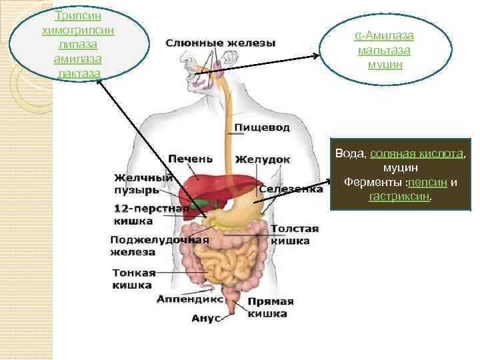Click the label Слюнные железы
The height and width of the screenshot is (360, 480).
(219, 43)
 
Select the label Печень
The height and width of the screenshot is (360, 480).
(190, 159)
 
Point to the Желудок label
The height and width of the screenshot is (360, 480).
(263, 160)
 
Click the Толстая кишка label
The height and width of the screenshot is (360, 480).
(294, 235)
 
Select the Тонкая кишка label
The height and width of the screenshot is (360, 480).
(133, 279)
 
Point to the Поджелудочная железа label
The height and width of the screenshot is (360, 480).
(159, 245)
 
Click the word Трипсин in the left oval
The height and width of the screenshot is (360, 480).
(75, 15)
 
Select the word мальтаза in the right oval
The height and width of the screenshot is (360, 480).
(383, 50)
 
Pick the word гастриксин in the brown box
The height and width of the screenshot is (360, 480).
(400, 197)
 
